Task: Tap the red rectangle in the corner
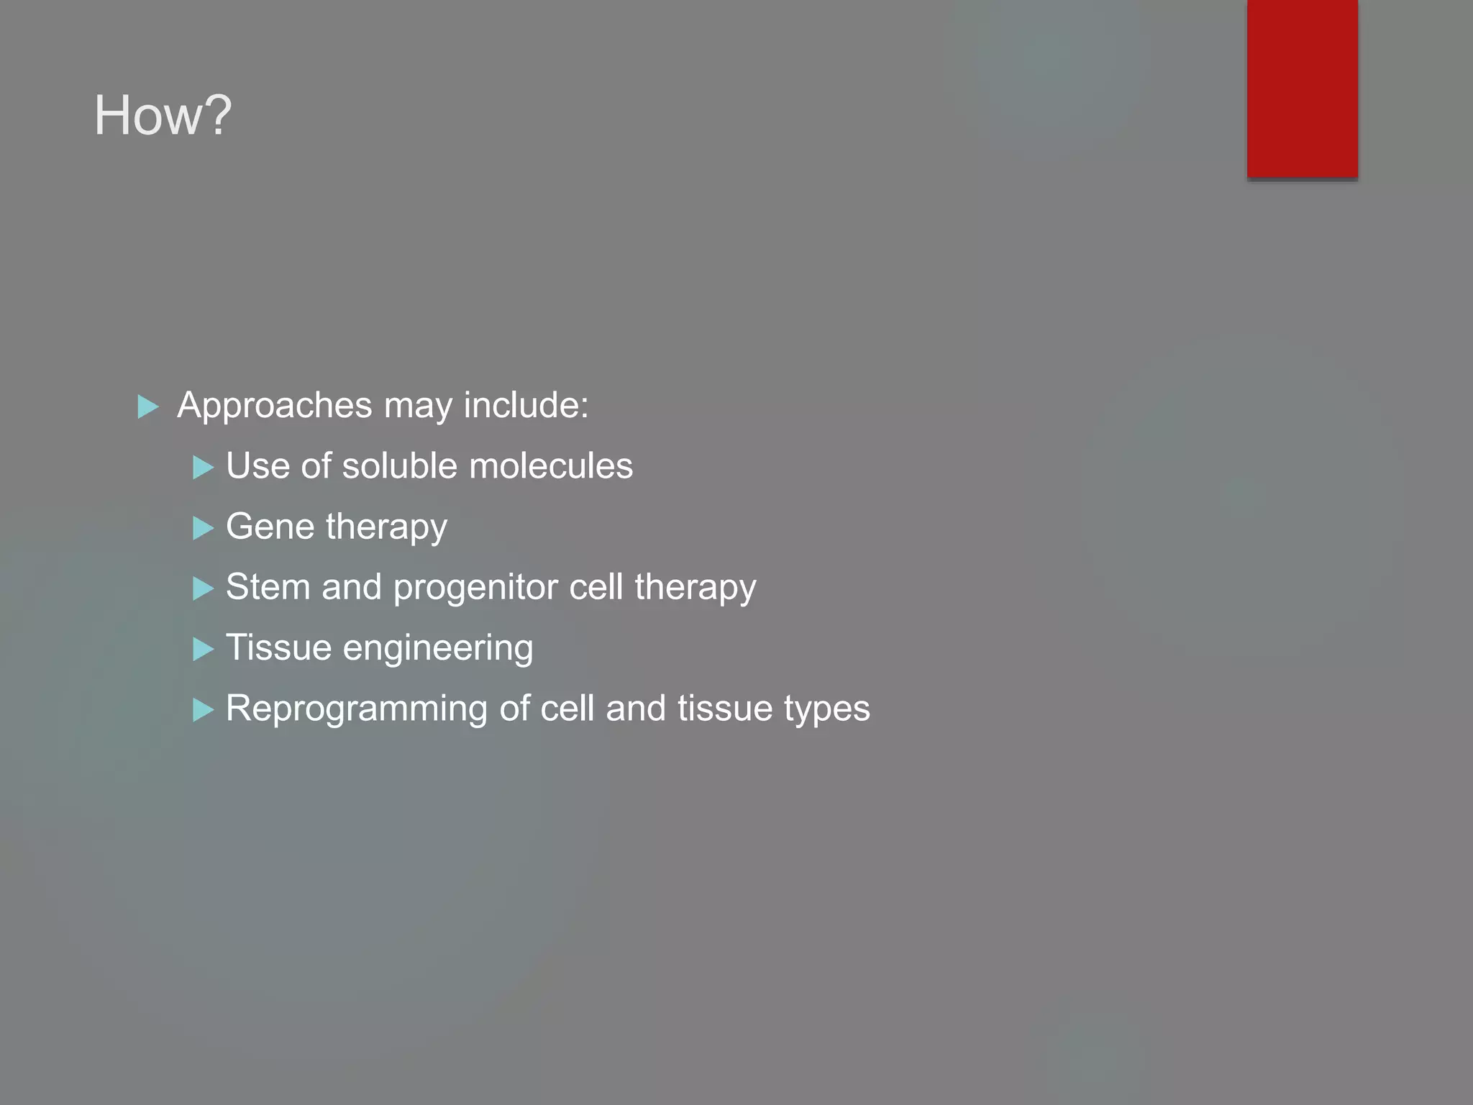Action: [x=1302, y=88]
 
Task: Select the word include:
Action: [x=526, y=404]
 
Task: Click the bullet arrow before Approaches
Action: [x=147, y=406]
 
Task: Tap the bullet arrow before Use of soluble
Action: [x=204, y=468]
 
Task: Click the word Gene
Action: [x=270, y=526]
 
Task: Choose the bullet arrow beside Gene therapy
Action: [x=204, y=528]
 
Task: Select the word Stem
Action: [x=268, y=586]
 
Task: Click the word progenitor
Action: [x=475, y=588]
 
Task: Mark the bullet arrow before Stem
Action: [x=204, y=588]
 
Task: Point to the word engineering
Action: [x=438, y=648]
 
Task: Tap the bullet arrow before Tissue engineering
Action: [x=204, y=649]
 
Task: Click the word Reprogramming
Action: [x=356, y=709]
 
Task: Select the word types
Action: [x=826, y=709]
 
